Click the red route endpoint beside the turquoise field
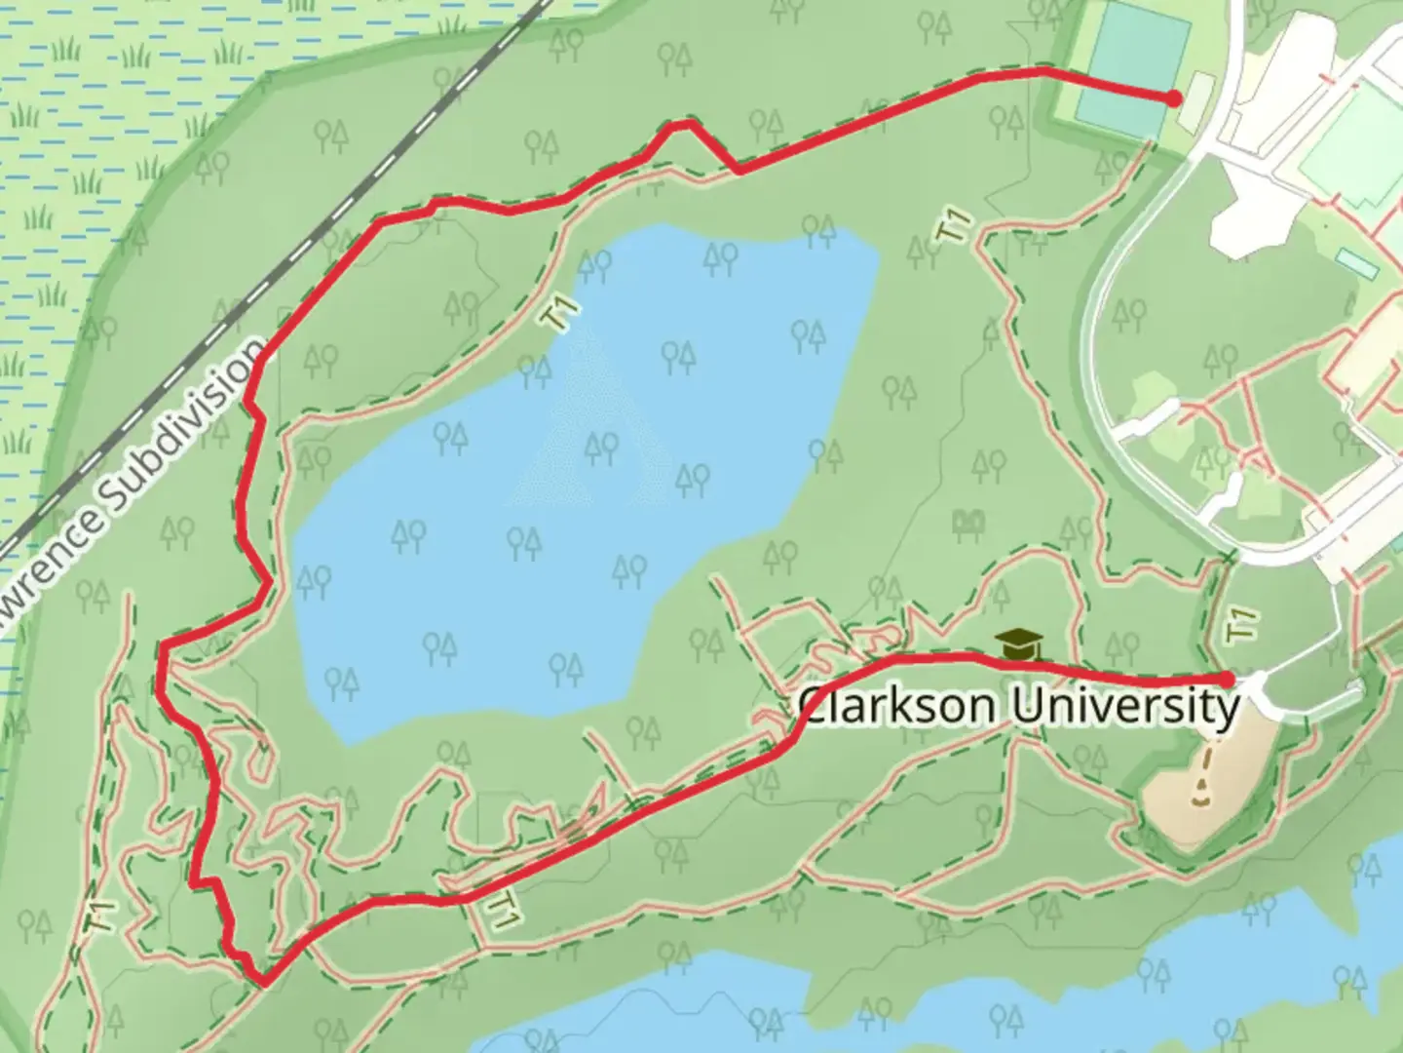1174,98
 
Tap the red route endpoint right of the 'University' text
1228,680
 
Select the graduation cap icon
1019,643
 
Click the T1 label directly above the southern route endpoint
1240,624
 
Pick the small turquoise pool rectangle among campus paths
1356,262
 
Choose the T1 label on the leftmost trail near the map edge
101,916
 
